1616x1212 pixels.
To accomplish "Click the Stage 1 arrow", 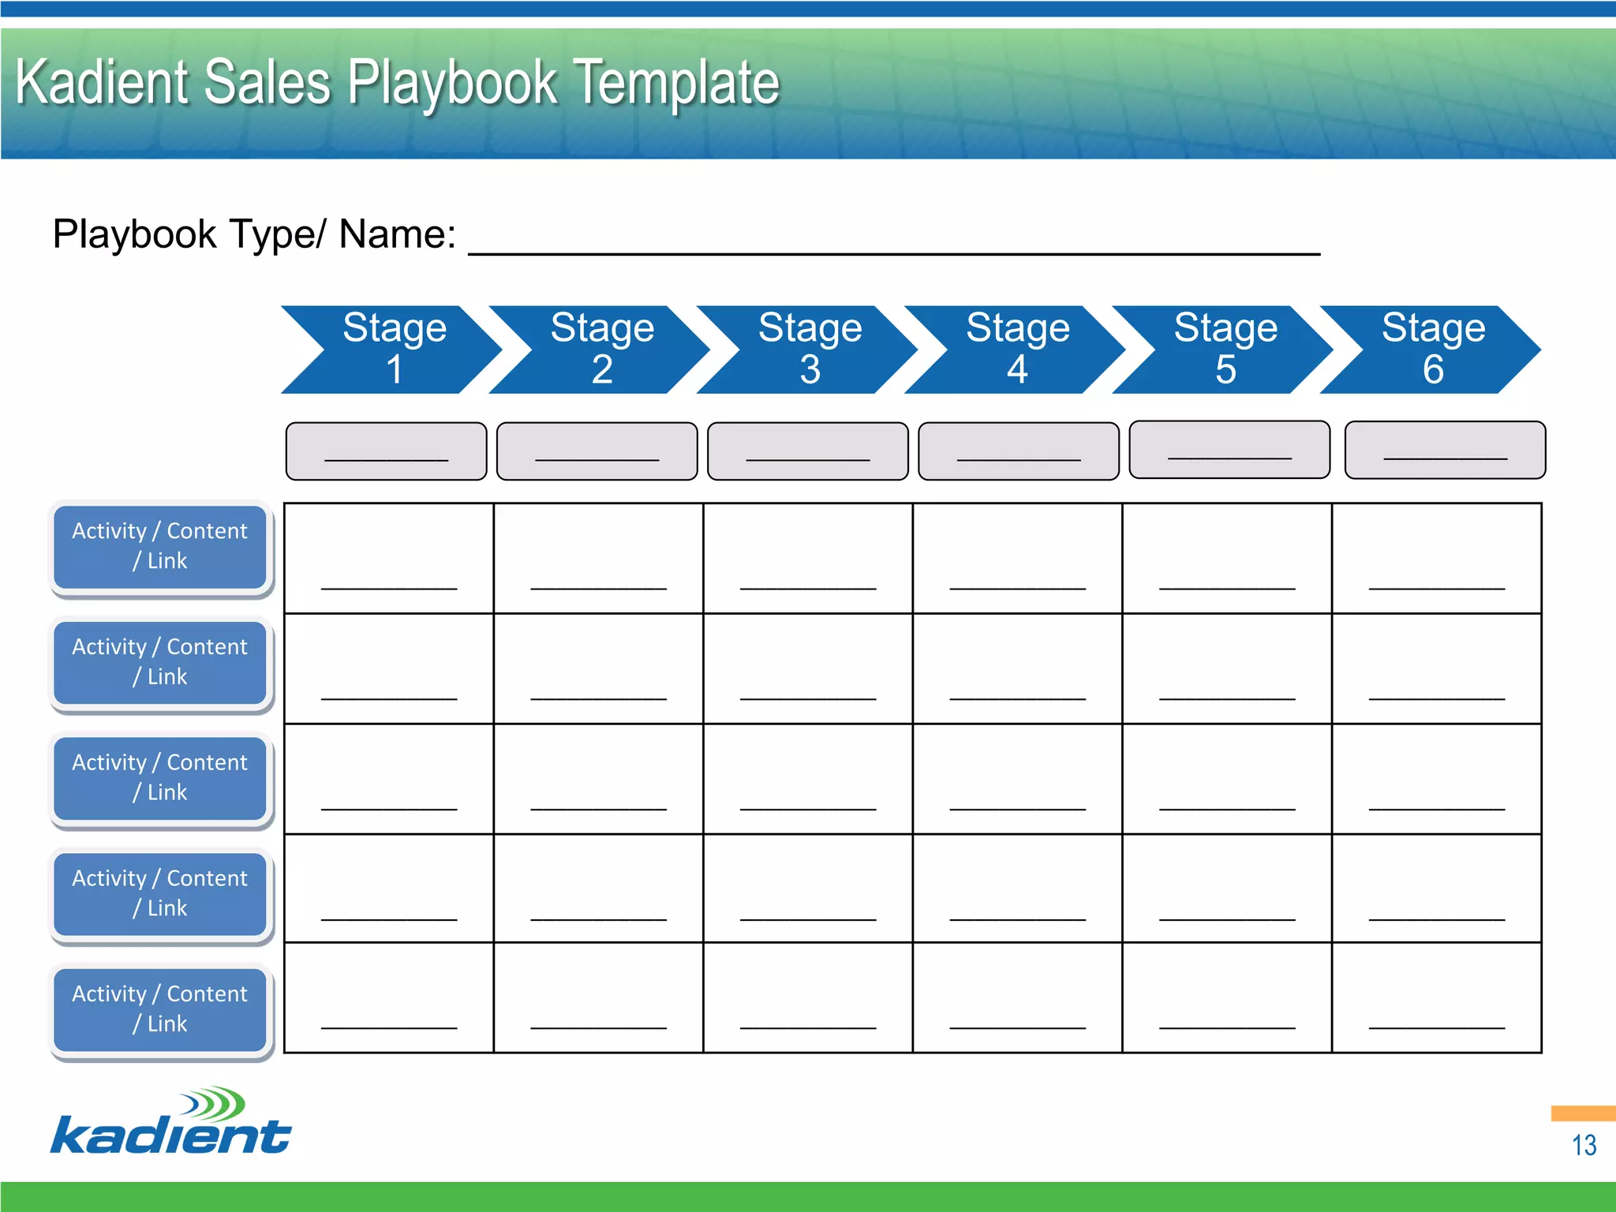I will click(x=393, y=350).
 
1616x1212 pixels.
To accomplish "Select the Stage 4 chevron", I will click(x=1016, y=350).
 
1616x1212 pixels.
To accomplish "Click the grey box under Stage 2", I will click(x=597, y=451).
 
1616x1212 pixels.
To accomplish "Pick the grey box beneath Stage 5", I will click(x=1229, y=450).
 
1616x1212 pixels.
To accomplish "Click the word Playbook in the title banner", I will click(x=452, y=83).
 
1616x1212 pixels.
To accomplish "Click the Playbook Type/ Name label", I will click(x=254, y=234).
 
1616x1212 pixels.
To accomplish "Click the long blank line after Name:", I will click(x=893, y=249).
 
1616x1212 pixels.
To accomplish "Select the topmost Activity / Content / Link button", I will click(x=160, y=546).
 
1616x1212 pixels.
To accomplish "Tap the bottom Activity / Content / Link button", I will click(x=160, y=1009).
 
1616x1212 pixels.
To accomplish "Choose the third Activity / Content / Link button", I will click(x=160, y=778).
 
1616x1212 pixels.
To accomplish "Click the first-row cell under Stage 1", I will click(x=389, y=559).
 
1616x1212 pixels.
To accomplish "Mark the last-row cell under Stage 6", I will click(x=1436, y=997).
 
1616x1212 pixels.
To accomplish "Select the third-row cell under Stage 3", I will click(x=808, y=779).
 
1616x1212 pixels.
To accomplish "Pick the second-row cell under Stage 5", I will click(x=1227, y=668).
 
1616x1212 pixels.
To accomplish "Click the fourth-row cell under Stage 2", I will click(x=598, y=888).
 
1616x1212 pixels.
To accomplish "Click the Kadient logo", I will click(x=171, y=1122).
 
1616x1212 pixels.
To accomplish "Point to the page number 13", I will click(x=1583, y=1145).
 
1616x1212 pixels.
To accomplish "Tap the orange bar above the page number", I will click(x=1583, y=1113).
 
